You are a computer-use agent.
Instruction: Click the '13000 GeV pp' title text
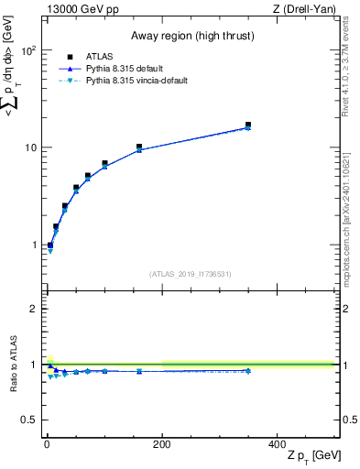[80, 9]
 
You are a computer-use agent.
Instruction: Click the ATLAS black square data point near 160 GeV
[139, 147]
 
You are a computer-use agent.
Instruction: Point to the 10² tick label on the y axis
[28, 51]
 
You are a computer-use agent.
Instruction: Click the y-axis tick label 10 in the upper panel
[30, 148]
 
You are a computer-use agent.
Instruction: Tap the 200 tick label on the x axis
[162, 444]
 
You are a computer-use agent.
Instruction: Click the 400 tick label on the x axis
[277, 444]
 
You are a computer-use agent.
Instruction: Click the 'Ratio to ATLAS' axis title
[13, 365]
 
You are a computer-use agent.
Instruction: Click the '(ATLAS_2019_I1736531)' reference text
[190, 274]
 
